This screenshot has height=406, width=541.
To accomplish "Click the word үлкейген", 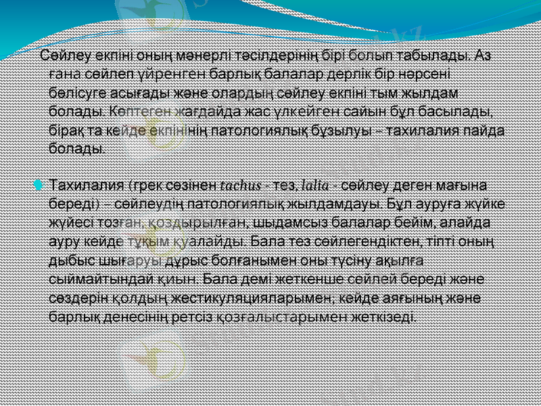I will tap(277, 110).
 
